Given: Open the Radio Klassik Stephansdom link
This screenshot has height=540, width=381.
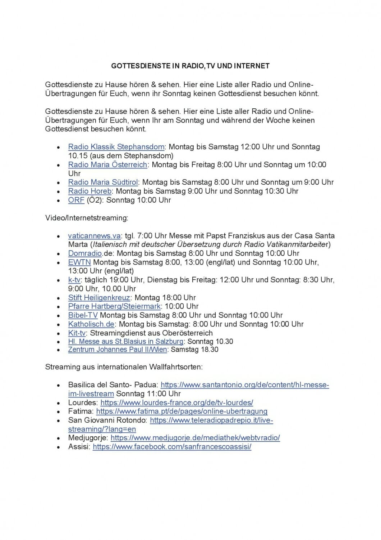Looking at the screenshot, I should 116,147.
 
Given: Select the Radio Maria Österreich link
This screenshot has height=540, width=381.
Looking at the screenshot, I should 107,165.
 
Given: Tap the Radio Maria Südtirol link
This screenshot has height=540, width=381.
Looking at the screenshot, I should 103,182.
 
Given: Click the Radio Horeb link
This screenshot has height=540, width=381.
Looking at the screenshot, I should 90,191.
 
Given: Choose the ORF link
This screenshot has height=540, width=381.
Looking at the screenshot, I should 76,200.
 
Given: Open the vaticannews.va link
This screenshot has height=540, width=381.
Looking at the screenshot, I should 94,236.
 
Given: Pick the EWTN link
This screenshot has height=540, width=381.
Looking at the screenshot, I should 79,262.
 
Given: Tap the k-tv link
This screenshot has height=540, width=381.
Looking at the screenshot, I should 74,280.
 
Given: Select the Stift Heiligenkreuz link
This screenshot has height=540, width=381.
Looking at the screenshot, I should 99,298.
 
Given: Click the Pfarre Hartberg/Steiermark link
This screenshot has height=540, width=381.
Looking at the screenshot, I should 114,306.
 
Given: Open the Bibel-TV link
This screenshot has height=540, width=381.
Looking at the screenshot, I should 83,315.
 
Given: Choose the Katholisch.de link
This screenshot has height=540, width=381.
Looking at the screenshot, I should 91,324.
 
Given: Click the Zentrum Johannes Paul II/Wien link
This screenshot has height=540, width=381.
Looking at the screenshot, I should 118,350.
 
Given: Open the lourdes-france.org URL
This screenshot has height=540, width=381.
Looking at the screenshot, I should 176,402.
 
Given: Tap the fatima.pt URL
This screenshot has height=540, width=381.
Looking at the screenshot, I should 182,411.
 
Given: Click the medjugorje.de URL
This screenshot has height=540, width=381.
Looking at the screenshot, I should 195,438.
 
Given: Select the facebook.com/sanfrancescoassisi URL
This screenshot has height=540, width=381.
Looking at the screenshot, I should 172,447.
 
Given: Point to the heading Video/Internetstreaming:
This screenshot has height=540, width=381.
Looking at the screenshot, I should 87,218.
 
